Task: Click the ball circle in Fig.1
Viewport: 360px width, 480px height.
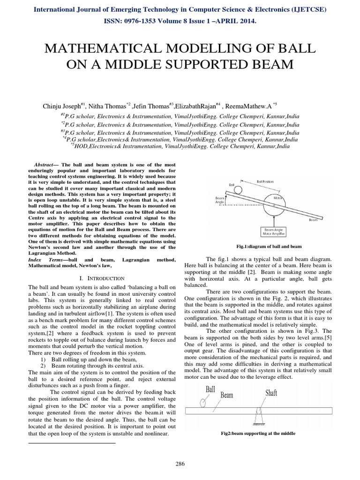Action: pyautogui.click(x=239, y=190)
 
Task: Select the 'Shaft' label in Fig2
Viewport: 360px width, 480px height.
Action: pyautogui.click(x=271, y=392)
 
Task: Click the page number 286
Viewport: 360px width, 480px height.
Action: pyautogui.click(x=180, y=464)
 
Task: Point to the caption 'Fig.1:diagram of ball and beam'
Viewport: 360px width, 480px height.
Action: pyautogui.click(x=269, y=246)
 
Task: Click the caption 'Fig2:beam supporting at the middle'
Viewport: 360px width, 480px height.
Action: pyautogui.click(x=258, y=434)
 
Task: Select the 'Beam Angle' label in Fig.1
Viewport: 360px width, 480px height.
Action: pyautogui.click(x=221, y=201)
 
